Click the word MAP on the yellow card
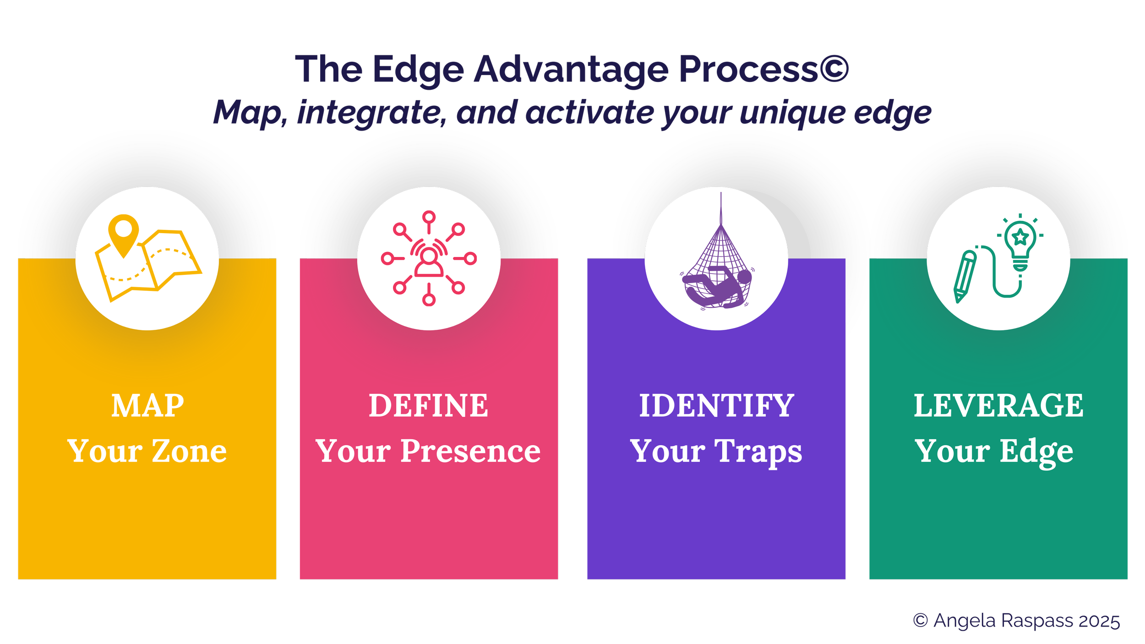147,406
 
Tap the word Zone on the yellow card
189,451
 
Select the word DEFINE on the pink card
428,406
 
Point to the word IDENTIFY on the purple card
716,406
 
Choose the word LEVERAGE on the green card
998,406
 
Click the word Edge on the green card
1036,452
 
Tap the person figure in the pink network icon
429,262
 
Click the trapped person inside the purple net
719,289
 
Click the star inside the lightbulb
1020,237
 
